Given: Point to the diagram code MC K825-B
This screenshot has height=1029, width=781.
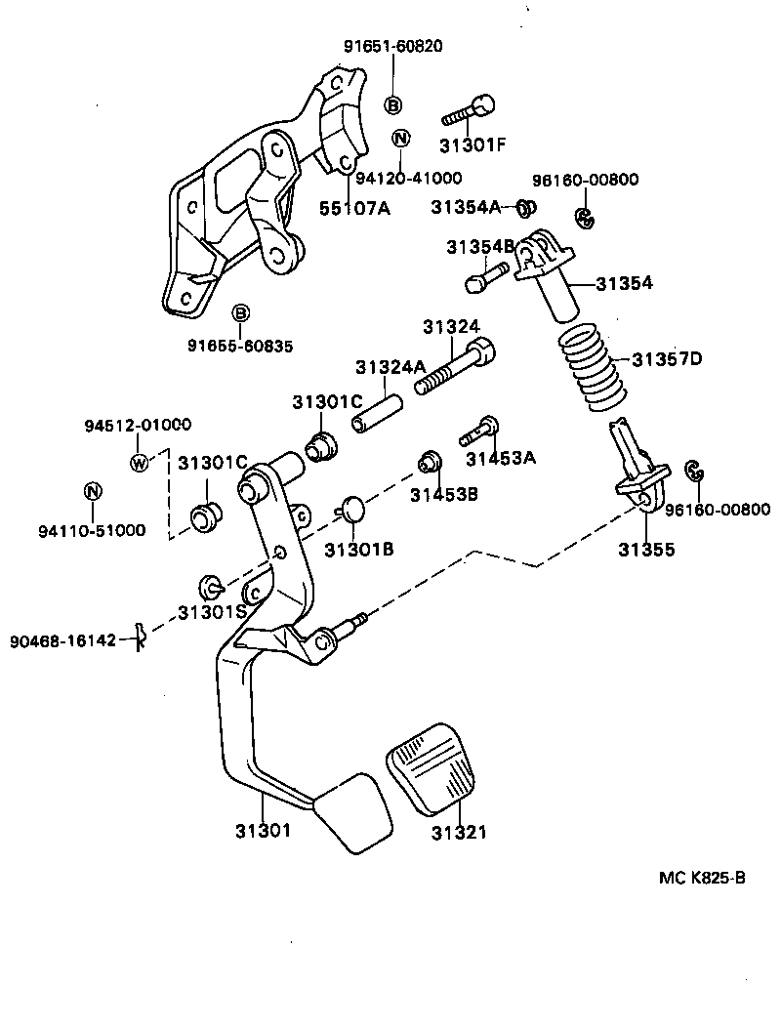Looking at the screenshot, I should point(702,878).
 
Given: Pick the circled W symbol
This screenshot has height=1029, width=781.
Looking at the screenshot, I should point(140,462).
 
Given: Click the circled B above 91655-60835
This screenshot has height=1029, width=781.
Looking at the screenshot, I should point(240,313).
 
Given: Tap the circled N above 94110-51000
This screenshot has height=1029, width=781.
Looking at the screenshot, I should point(92,491).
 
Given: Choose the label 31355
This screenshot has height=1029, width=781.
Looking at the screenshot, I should point(645,550).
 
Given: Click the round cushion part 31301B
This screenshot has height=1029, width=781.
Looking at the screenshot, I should point(352,509).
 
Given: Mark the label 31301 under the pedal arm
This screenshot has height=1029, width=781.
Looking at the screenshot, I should point(263,831).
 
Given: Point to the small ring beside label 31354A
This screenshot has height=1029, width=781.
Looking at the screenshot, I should point(524,207).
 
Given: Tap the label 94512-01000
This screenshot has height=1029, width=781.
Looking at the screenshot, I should point(138,425).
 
